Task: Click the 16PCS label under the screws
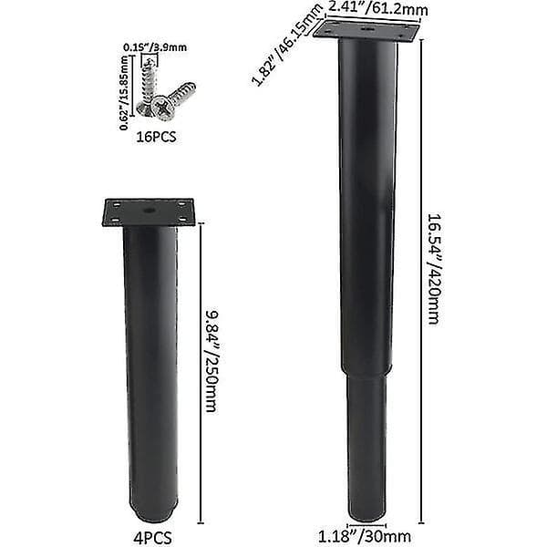156,137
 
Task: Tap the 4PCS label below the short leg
152,538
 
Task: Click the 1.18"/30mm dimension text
364,536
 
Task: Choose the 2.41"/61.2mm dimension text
377,8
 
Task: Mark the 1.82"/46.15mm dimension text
286,46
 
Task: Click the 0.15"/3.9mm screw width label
155,47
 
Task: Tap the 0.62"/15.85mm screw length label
124,93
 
